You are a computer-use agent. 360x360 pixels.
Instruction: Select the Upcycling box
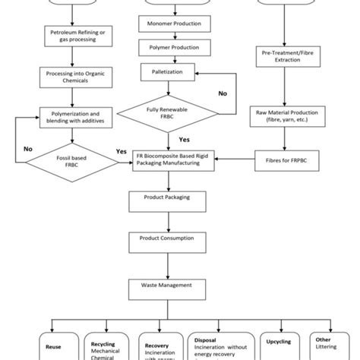coord(277,342)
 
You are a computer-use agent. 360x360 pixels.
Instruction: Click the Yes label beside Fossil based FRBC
coord(120,150)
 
